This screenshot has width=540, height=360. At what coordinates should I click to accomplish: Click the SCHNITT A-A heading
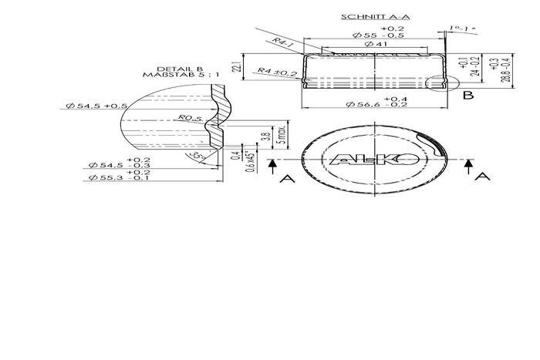(365, 16)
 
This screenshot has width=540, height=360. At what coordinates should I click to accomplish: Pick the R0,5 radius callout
(187, 118)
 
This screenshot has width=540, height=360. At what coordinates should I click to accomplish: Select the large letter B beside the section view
(468, 96)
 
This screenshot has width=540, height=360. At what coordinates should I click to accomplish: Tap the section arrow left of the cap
(272, 167)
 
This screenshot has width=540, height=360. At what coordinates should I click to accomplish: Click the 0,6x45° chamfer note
(249, 158)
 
